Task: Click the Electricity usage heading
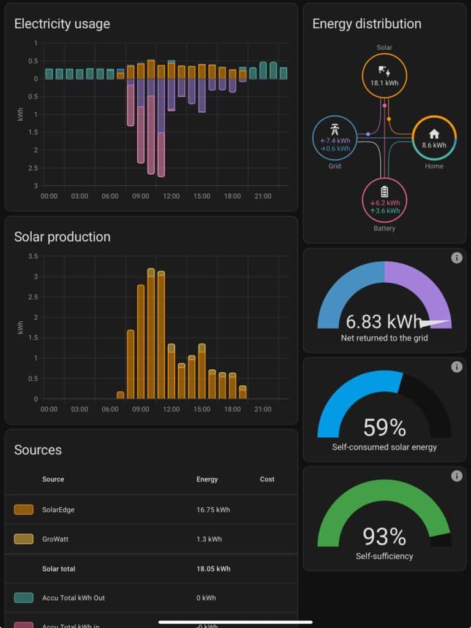[x=62, y=24]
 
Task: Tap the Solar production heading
[x=62, y=237]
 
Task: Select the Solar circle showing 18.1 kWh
[x=384, y=75]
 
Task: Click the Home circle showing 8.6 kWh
[x=434, y=138]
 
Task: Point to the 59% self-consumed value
[x=384, y=427]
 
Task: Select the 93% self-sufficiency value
[x=384, y=537]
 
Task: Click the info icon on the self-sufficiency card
[x=456, y=476]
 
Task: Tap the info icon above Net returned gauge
[x=456, y=258]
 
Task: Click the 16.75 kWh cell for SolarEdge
[x=213, y=510]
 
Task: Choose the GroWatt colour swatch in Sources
[x=24, y=539]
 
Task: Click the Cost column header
[x=267, y=479]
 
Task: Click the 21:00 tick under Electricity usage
[x=263, y=196]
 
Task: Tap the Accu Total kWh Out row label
[x=73, y=598]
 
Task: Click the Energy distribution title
[x=366, y=24]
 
